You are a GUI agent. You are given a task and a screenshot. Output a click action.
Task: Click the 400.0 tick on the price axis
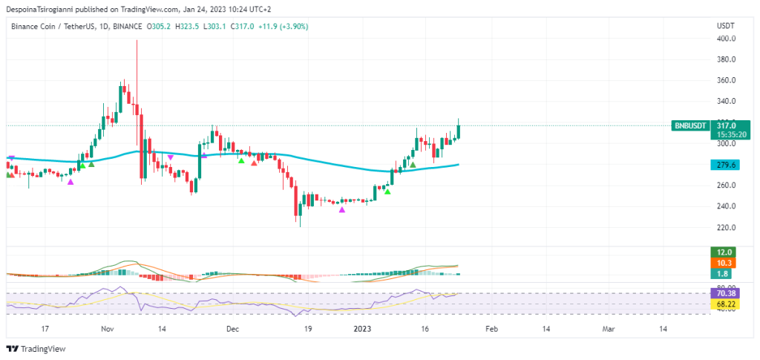point(725,39)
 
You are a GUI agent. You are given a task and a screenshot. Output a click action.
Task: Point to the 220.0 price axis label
point(725,227)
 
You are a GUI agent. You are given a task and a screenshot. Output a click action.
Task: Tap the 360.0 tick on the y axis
point(725,80)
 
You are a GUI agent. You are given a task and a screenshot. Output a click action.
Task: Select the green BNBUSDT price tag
point(689,126)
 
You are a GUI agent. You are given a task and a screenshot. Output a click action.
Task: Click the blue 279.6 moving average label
point(725,165)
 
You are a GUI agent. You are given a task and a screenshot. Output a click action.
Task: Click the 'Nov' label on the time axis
point(107,328)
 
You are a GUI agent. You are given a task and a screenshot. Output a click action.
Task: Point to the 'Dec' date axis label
point(232,328)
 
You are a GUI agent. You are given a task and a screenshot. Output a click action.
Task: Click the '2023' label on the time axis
point(362,328)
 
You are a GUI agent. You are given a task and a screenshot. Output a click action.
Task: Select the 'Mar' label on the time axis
point(608,328)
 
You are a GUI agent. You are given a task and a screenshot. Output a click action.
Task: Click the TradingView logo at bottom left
point(36,348)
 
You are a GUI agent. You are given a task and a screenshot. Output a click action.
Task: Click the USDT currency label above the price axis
point(725,26)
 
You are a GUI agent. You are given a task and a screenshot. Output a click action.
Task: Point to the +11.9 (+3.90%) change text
point(283,26)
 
